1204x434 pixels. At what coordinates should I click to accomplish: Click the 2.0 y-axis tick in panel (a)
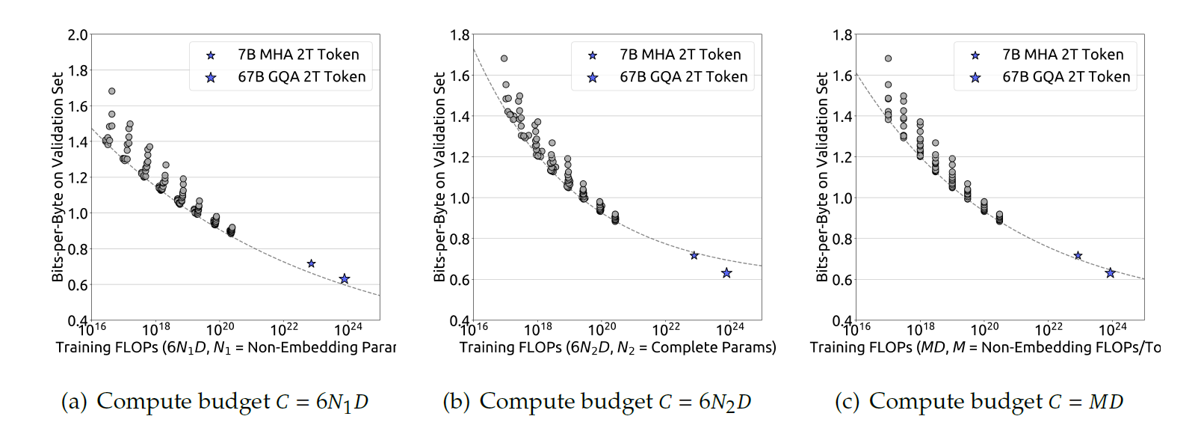(x=78, y=34)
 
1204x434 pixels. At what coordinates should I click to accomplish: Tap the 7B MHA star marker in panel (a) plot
(x=312, y=263)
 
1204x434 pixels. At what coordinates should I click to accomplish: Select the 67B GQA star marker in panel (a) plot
(x=345, y=279)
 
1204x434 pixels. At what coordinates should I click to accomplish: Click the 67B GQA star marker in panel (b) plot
(x=726, y=273)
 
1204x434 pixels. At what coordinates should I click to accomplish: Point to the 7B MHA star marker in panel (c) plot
(x=1078, y=256)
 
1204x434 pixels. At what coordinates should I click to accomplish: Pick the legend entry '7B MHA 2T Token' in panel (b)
(x=680, y=55)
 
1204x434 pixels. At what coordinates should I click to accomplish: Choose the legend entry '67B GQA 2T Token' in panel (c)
(x=1066, y=77)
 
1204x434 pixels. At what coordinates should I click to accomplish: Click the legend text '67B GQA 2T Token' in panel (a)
(x=302, y=77)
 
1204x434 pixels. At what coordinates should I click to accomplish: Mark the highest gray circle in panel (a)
(x=112, y=91)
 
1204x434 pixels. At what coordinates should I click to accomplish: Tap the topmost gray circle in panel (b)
(x=504, y=58)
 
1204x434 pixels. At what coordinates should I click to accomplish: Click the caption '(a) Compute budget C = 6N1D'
(x=214, y=402)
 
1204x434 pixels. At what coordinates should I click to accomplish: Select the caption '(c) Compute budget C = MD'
(x=978, y=402)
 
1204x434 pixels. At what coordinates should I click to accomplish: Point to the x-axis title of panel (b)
(x=617, y=347)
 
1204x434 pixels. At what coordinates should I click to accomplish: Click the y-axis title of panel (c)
(x=822, y=177)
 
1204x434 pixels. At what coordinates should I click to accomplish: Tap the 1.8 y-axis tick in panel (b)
(x=460, y=34)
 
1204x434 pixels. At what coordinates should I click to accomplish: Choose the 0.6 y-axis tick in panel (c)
(x=842, y=280)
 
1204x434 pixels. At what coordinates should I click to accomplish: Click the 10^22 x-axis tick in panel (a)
(x=284, y=329)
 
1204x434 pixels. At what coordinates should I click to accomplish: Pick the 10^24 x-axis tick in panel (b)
(x=730, y=329)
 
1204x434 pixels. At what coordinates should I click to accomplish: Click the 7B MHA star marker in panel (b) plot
(x=694, y=256)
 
